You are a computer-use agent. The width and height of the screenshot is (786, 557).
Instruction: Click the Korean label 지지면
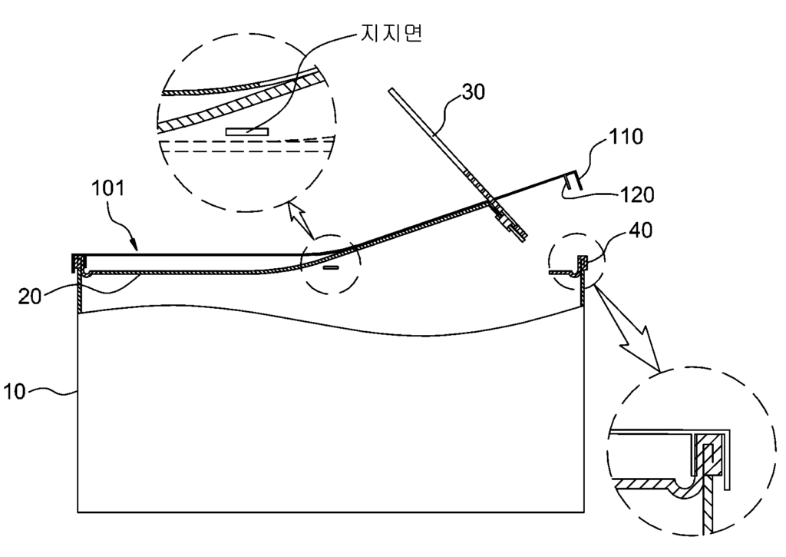[391, 32]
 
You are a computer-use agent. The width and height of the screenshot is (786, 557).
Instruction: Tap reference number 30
[473, 92]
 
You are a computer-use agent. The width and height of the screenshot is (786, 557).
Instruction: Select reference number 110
[626, 137]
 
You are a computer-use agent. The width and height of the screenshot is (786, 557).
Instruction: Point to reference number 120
[637, 194]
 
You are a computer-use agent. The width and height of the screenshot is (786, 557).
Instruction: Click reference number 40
[640, 230]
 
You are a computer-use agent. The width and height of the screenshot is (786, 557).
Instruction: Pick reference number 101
[107, 188]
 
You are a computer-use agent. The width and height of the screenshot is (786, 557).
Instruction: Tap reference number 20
[30, 296]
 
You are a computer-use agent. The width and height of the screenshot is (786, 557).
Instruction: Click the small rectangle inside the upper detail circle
[246, 132]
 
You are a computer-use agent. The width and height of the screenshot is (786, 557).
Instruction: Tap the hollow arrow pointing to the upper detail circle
[301, 219]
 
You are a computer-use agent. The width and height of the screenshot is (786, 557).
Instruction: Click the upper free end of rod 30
[391, 91]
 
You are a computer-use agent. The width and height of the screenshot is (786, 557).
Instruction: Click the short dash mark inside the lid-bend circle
[329, 268]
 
